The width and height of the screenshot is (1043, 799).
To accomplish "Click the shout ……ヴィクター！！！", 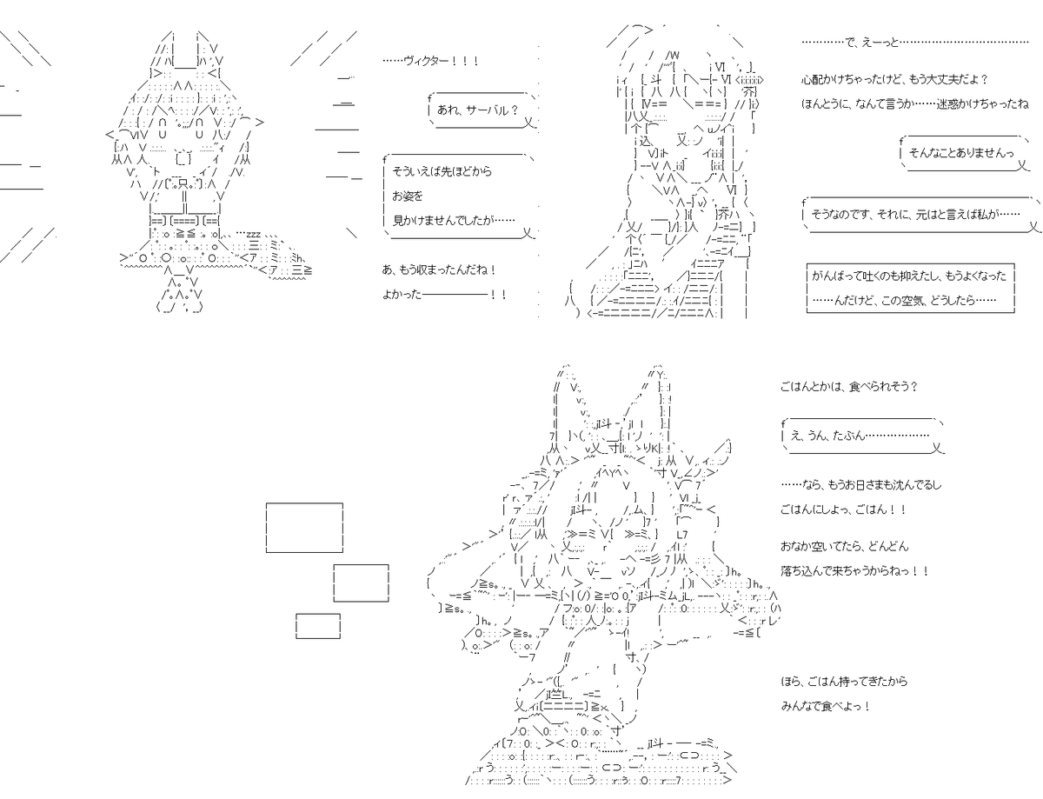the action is coord(430,61).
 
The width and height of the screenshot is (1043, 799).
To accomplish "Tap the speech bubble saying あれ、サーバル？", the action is coord(482,110).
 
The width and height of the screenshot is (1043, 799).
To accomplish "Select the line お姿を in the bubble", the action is coord(408,196).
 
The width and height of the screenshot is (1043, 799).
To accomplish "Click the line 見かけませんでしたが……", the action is coord(454,220).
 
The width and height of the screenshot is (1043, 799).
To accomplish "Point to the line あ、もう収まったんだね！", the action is coord(439,270).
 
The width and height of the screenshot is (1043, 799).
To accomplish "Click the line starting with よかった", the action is coord(444,295).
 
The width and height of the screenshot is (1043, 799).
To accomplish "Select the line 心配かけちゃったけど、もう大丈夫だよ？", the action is coord(894,79).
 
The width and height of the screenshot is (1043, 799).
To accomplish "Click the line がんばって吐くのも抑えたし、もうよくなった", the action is coord(908,276).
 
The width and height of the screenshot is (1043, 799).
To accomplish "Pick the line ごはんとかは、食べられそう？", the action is coord(848,386).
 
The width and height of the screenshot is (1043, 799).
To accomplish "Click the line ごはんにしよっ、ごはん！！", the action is coord(843,509).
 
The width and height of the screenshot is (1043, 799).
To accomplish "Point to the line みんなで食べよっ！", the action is coord(826,706).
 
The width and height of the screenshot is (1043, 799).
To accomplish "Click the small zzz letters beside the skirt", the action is coord(253,235).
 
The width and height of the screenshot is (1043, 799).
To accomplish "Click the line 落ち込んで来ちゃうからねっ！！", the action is coord(854,570).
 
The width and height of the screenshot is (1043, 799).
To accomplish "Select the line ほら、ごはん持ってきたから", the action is coord(844,681).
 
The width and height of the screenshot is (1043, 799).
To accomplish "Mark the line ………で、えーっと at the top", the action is coord(915,43).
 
